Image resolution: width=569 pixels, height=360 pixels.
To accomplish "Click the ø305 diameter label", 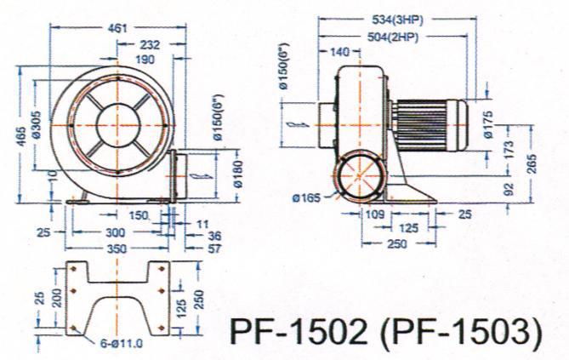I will click(37, 127).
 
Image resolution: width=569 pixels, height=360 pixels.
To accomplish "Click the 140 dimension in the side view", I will click(339, 53).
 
